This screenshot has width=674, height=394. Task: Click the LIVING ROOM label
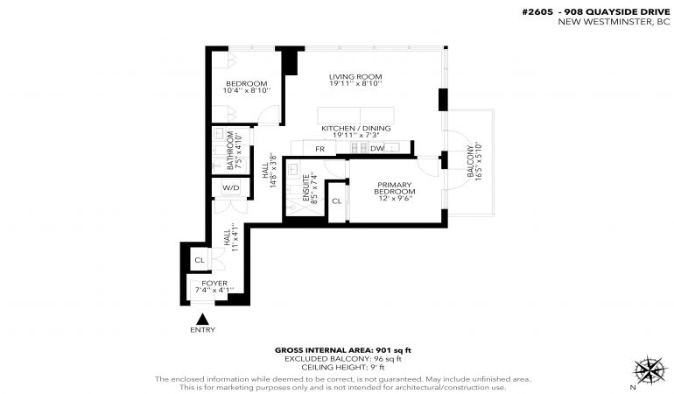point(355,77)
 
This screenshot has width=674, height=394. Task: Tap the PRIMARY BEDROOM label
point(395,188)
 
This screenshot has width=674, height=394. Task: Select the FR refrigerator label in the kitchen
point(319,149)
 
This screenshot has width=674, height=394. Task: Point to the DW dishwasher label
point(377,149)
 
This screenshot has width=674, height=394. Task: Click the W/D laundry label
point(230,188)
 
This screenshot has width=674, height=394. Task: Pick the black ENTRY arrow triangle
point(202,320)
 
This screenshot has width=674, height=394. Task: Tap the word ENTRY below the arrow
point(202,330)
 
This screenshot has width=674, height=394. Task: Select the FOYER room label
point(214,284)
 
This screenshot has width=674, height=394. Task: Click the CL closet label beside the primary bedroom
point(337,201)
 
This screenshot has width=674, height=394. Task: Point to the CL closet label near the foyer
point(200,260)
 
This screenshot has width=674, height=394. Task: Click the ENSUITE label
point(306,188)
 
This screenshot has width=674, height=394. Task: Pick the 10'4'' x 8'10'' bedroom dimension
point(247,91)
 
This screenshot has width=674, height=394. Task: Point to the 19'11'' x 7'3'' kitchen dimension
point(356,136)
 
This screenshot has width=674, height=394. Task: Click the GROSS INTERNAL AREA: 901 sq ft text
point(343,350)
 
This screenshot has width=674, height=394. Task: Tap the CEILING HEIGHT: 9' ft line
point(343,368)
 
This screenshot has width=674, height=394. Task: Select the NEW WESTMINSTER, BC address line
point(614,22)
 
